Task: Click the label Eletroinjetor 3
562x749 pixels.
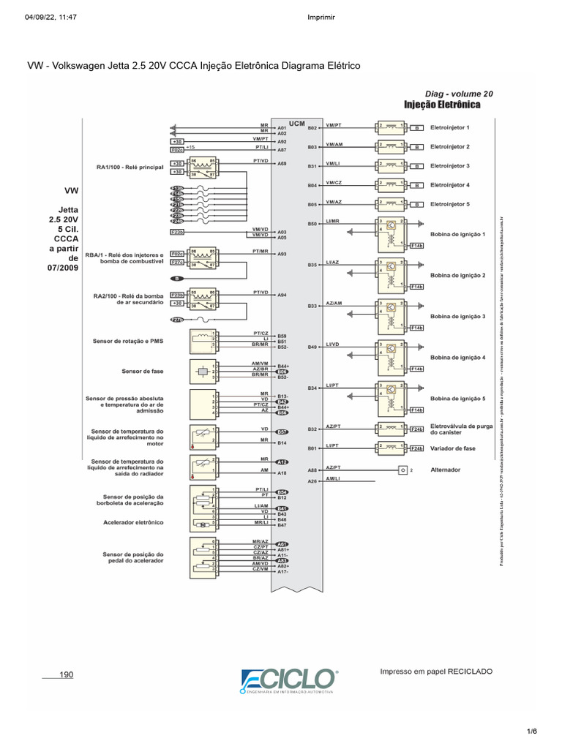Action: [450, 166]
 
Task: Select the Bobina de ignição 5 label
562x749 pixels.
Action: [458, 399]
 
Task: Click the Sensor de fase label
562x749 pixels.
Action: [143, 371]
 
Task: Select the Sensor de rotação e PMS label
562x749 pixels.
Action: [128, 341]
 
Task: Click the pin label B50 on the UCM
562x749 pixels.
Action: [312, 224]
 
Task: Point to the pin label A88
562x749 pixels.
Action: [312, 470]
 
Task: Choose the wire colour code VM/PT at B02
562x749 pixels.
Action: [334, 125]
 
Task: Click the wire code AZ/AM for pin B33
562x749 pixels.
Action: [334, 303]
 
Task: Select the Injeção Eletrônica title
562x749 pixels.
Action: [442, 105]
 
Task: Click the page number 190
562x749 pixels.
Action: [67, 674]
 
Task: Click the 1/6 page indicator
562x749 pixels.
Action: [531, 731]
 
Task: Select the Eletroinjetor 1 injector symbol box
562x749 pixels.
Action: [391, 127]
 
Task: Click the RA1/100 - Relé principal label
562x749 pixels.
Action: [130, 168]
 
